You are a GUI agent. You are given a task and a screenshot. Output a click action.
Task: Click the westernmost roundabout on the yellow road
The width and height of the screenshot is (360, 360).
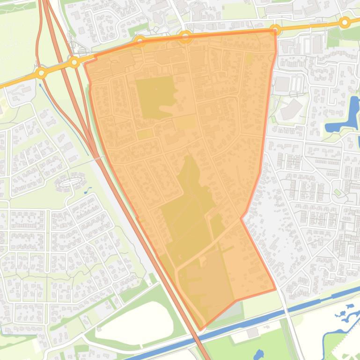42,73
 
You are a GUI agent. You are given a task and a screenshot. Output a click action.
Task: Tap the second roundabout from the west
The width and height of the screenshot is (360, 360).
74,62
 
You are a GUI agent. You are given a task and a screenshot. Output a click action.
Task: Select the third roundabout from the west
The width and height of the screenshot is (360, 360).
140,42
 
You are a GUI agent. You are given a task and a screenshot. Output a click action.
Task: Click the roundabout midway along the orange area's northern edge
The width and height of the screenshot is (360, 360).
185,36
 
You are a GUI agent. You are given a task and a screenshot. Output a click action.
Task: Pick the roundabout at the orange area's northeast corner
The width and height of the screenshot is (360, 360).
276,30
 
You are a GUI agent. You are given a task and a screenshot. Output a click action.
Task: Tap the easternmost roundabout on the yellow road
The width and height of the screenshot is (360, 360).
345,22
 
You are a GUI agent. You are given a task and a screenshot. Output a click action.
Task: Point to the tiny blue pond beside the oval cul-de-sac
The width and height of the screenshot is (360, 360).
88,190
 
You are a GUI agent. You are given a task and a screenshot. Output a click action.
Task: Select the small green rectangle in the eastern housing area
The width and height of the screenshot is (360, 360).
337,192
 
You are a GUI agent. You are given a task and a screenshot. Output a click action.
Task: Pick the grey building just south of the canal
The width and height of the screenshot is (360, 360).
252,333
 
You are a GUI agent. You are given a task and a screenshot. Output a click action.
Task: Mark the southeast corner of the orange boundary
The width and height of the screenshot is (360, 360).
275,289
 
